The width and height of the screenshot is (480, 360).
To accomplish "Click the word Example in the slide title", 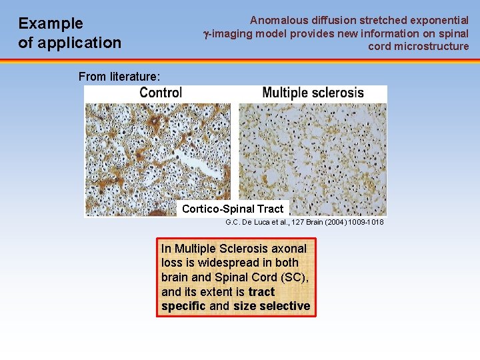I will (x=51, y=24).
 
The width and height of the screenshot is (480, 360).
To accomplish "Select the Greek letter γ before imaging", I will (x=206, y=34).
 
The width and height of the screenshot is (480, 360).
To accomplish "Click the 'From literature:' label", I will (x=119, y=77).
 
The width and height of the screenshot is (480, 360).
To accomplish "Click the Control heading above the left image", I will (x=161, y=93).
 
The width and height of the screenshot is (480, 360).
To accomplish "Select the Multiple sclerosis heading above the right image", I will (x=313, y=93).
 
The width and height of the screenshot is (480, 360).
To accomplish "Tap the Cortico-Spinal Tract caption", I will (x=233, y=209).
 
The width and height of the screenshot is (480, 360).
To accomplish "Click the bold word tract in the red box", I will (x=261, y=291).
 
